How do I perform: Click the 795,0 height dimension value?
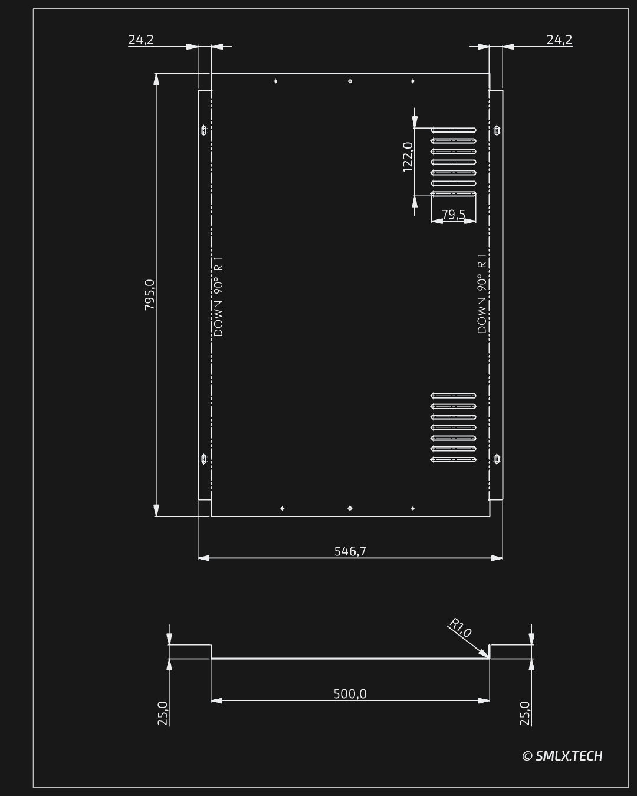pyautogui.click(x=150, y=295)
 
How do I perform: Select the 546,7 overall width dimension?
pyautogui.click(x=350, y=551)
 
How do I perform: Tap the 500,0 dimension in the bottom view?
pyautogui.click(x=350, y=694)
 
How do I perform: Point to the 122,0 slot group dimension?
pyautogui.click(x=408, y=157)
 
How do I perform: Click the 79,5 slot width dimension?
pyautogui.click(x=454, y=215)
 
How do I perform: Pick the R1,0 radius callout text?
pyautogui.click(x=460, y=628)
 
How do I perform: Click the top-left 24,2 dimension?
pyautogui.click(x=141, y=40)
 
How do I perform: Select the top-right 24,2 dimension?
pyautogui.click(x=560, y=40)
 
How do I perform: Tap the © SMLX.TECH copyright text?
pyautogui.click(x=562, y=756)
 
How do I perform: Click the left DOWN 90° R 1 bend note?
pyautogui.click(x=218, y=297)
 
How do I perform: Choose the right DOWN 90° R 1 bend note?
pyautogui.click(x=482, y=294)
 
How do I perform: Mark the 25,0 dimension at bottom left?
pyautogui.click(x=162, y=713)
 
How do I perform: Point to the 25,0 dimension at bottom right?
pyautogui.click(x=525, y=713)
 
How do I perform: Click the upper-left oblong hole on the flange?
pyautogui.click(x=203, y=130)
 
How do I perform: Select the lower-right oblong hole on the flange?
pyautogui.click(x=497, y=459)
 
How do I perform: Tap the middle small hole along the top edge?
pyautogui.click(x=350, y=81)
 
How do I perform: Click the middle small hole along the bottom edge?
pyautogui.click(x=350, y=508)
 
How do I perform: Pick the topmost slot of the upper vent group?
pyautogui.click(x=454, y=130)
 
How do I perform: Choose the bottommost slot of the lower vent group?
pyautogui.click(x=454, y=459)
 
